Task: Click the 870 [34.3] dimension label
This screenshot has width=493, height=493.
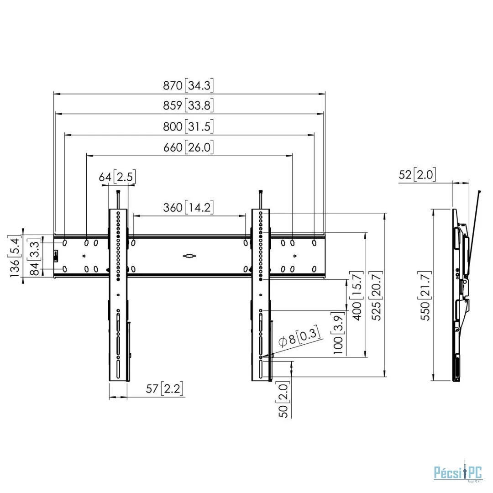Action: [189, 85]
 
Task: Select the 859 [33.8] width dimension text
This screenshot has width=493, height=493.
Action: [189, 105]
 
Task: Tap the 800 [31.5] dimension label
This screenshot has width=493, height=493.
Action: [189, 126]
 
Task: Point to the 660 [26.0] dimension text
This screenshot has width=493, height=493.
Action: [189, 147]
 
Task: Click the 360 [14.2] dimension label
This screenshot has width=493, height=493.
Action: [189, 207]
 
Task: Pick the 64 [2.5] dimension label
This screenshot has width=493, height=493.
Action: [117, 177]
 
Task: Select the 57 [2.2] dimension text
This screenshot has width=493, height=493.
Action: [164, 388]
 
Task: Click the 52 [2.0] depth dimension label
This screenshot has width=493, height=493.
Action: [417, 174]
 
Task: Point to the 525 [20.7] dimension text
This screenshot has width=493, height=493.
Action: [376, 295]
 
